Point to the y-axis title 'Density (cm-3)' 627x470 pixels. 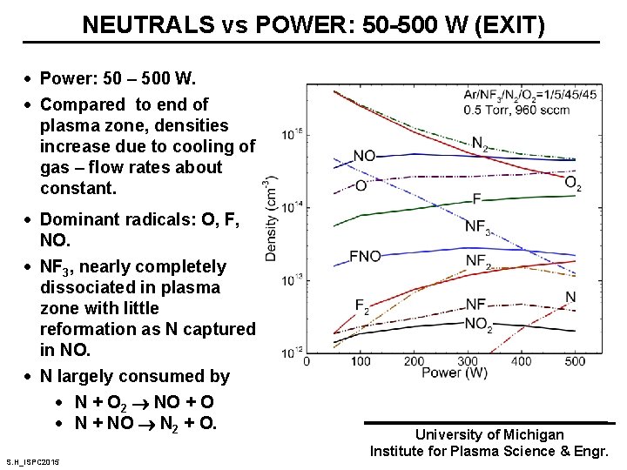[271, 218]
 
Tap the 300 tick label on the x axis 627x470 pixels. [468, 360]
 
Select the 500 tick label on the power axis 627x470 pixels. [576, 360]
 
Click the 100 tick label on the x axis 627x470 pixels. [360, 360]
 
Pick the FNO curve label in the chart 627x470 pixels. [366, 257]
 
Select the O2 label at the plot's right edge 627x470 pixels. [573, 183]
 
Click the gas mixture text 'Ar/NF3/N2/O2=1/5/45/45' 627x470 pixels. [531, 94]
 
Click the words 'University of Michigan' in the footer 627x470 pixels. [489, 434]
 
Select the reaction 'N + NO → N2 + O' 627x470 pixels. [145, 424]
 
